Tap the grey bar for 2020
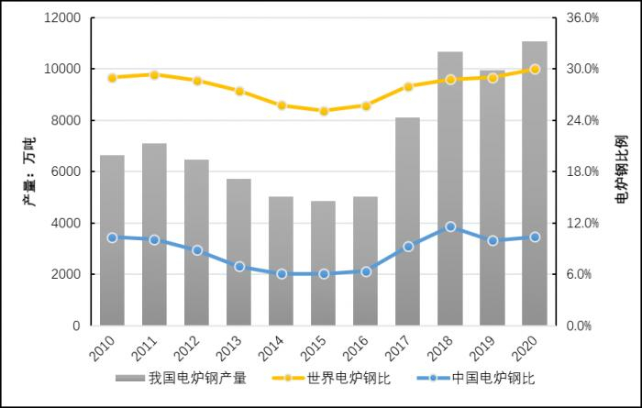[x=535, y=183]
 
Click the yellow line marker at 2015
[x=323, y=111]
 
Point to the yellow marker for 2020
[x=535, y=69]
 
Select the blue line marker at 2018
[x=449, y=226]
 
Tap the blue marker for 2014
[x=281, y=273]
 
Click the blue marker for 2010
[x=112, y=237]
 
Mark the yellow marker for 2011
[x=154, y=74]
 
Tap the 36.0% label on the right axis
[x=581, y=17]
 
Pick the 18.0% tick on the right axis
[x=581, y=171]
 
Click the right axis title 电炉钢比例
[x=621, y=171]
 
